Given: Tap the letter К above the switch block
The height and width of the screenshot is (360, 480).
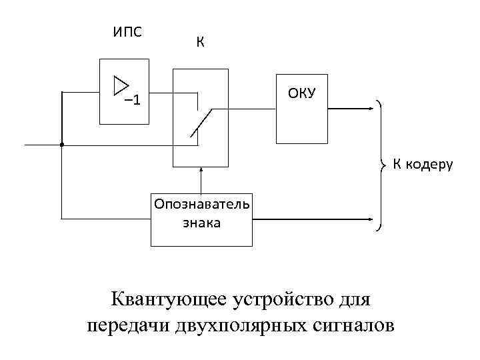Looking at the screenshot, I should click(x=200, y=43).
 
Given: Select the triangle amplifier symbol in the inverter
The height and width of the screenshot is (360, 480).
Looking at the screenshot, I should click(x=121, y=85).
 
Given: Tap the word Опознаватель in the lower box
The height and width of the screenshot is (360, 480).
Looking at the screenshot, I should click(x=201, y=203).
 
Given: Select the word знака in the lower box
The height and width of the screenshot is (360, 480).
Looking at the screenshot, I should click(x=201, y=223).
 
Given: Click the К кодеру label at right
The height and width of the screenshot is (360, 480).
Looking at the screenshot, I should click(x=422, y=164).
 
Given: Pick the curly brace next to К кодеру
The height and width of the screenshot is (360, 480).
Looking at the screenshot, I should click(x=381, y=164).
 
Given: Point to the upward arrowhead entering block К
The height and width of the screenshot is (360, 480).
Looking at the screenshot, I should click(x=200, y=171).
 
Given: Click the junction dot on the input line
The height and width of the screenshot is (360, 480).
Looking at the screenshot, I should click(x=61, y=144).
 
